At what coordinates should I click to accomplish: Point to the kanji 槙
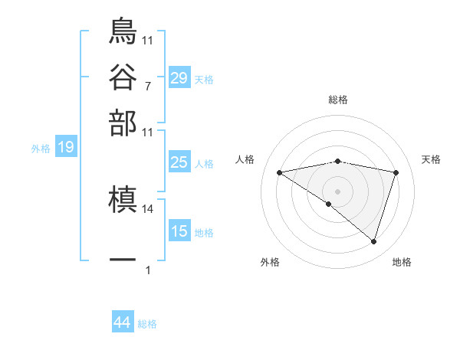tap(123, 201)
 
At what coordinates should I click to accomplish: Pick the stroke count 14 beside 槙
tap(147, 208)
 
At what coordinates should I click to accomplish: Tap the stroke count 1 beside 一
tap(147, 270)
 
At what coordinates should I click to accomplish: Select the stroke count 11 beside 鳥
tap(147, 40)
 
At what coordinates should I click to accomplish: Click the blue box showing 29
tap(179, 78)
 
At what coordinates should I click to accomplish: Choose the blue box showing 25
tap(179, 162)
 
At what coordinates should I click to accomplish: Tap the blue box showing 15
tap(179, 231)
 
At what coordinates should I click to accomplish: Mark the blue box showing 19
tap(66, 148)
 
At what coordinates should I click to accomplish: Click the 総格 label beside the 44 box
tap(147, 324)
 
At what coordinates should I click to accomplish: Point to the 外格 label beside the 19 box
tap(41, 149)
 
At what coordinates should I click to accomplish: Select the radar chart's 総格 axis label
tap(338, 100)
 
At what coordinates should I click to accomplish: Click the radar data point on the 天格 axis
tap(396, 172)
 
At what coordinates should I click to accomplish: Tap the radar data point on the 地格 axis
tap(374, 242)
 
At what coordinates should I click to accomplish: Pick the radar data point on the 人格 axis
tap(279, 172)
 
